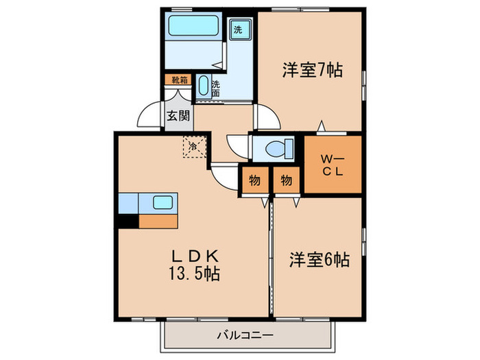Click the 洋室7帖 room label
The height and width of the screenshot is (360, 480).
coord(312,70)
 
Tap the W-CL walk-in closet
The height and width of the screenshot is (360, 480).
coord(333,165)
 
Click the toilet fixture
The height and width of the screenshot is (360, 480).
coord(282,148)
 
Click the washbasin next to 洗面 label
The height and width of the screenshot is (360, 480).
coord(203,86)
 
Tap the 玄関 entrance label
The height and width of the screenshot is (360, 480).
coord(176,116)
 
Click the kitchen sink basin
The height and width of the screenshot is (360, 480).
coord(163,203)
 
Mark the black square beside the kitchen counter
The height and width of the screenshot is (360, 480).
coord(128,221)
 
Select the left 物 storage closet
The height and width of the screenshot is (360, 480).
coord(254,180)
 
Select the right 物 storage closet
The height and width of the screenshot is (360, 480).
coord(286,180)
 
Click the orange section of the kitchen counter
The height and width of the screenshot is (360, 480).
coord(158,221)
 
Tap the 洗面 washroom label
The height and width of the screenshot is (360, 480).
coord(216,88)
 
